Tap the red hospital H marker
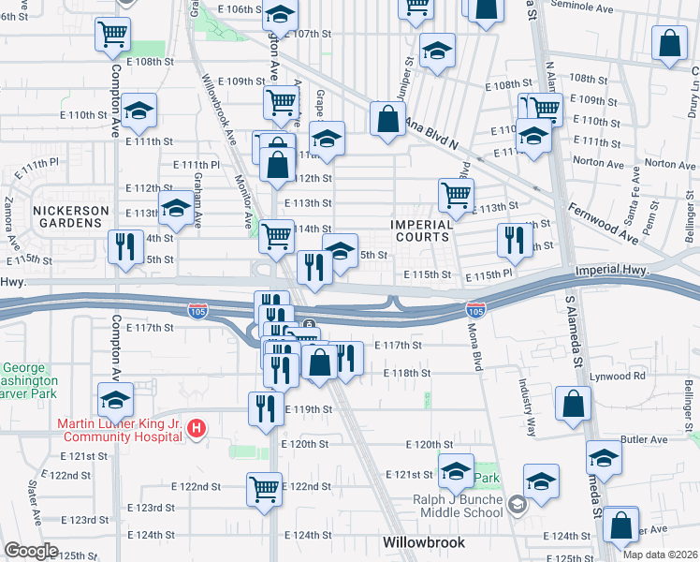click(x=196, y=430)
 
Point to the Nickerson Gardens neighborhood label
click(x=71, y=216)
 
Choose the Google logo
click(x=32, y=551)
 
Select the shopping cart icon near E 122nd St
click(x=265, y=488)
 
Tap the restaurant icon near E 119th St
click(x=265, y=407)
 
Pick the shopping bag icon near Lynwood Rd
click(x=573, y=404)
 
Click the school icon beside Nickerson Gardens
click(x=176, y=212)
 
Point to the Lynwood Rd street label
click(x=625, y=376)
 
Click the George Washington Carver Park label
click(x=28, y=381)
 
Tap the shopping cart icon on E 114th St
click(x=276, y=236)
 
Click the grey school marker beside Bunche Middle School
click(x=516, y=507)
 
